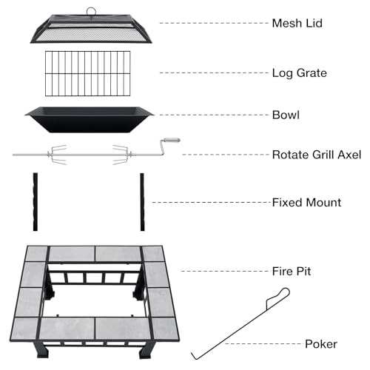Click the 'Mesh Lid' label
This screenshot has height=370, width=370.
(x=297, y=23)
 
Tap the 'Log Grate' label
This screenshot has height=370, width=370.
(x=300, y=73)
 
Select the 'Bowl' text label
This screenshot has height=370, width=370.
(x=286, y=115)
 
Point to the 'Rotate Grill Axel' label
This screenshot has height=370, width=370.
(x=317, y=155)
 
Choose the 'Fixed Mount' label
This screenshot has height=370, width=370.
(x=306, y=203)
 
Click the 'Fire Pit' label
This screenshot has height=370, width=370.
(x=292, y=272)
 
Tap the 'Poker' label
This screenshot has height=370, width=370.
(x=321, y=344)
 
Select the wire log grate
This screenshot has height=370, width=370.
(x=87, y=73)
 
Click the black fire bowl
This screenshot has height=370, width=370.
(x=90, y=120)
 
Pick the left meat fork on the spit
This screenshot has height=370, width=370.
(x=58, y=155)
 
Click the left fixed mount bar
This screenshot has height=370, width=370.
(x=36, y=202)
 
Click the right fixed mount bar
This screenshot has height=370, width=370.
(x=142, y=202)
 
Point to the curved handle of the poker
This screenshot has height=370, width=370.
(x=278, y=297)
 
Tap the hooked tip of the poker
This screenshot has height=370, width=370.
(x=194, y=357)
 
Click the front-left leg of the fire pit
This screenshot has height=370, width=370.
(x=42, y=350)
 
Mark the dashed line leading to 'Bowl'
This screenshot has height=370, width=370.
(x=214, y=115)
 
